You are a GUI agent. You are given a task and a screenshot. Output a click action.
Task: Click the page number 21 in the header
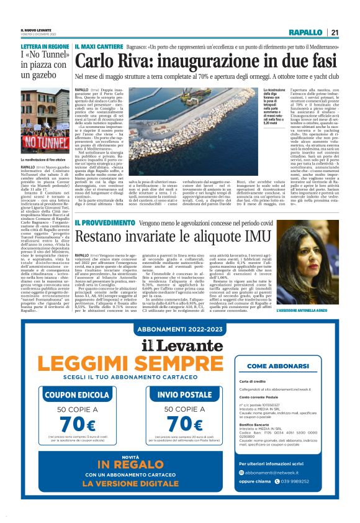pos(335,32)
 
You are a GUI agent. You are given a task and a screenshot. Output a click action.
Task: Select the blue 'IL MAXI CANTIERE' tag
pos(98,47)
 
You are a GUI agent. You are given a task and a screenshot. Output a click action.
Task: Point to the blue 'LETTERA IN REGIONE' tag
pos(45,47)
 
